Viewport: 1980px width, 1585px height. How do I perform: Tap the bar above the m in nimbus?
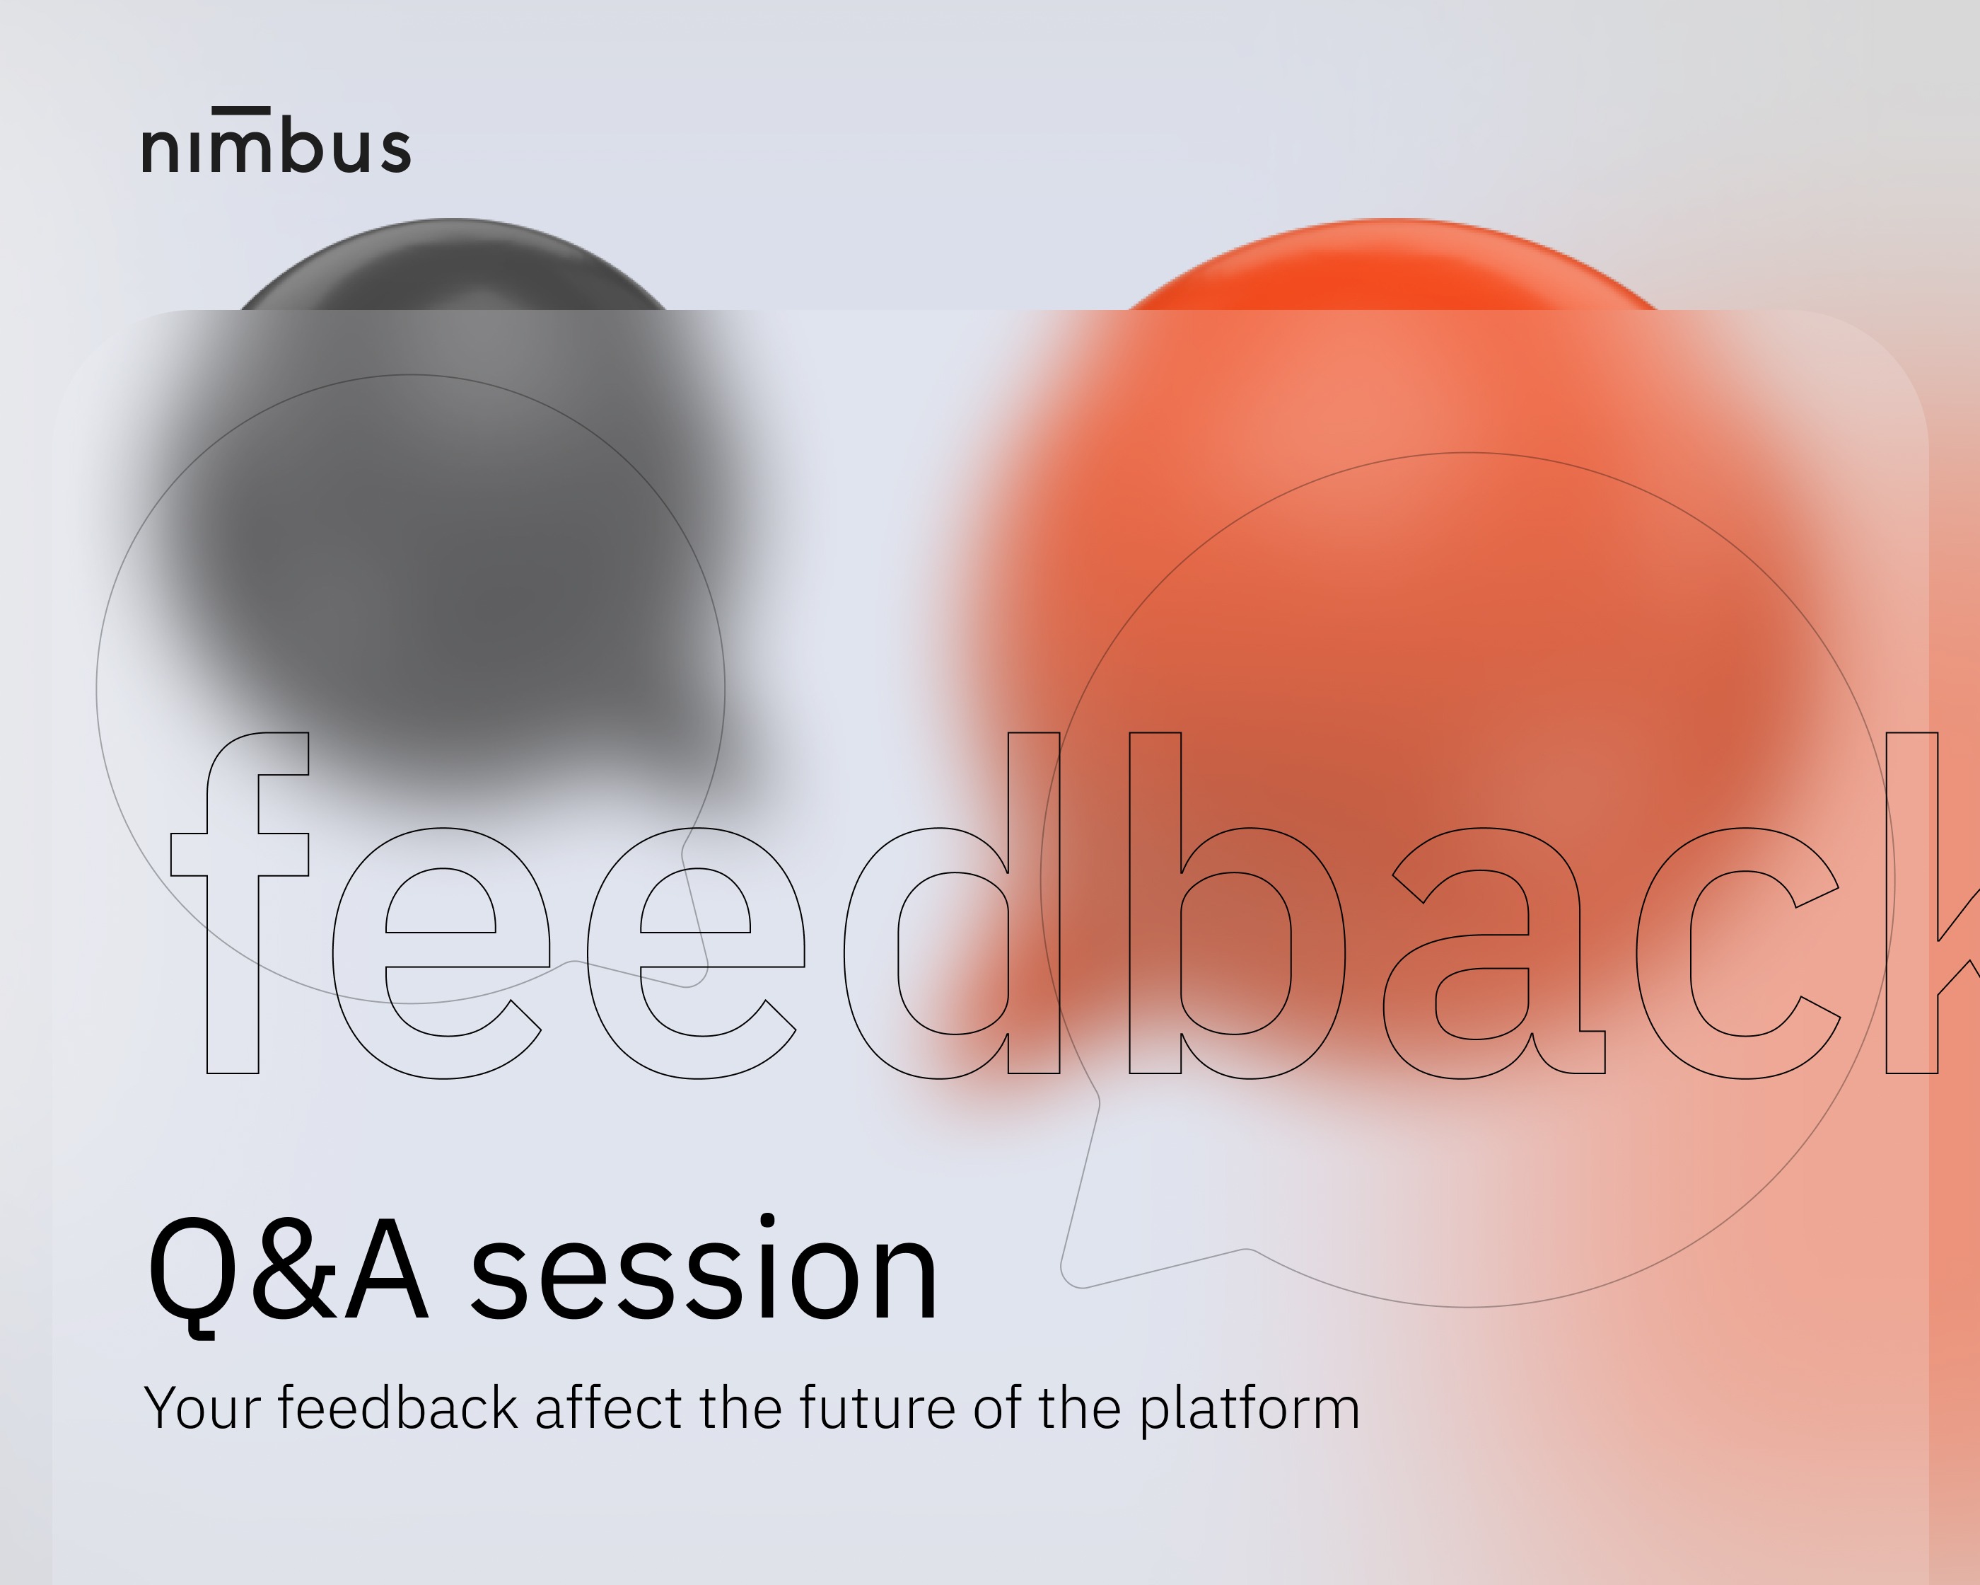(240, 110)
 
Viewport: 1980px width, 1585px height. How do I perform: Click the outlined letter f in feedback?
(240, 902)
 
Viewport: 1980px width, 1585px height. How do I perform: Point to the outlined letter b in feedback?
(1237, 905)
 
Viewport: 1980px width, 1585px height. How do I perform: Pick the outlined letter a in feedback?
(1494, 953)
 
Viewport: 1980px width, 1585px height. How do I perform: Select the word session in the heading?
(704, 1268)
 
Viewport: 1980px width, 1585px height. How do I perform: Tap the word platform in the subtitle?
(1250, 1410)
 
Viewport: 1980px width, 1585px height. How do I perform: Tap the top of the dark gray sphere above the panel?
(453, 219)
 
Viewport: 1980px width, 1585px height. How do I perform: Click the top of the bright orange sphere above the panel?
(1392, 219)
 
